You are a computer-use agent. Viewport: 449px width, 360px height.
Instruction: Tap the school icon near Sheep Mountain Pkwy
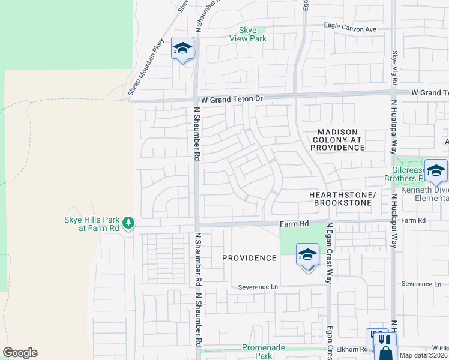(182, 49)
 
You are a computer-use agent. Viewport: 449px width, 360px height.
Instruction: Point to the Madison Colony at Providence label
(338, 139)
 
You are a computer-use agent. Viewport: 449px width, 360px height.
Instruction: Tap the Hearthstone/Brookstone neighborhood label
(342, 199)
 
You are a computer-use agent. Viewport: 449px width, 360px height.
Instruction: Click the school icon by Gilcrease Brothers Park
(436, 170)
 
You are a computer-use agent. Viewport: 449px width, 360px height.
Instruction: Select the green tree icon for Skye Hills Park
(128, 223)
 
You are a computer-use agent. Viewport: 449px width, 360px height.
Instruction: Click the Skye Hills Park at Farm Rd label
(92, 224)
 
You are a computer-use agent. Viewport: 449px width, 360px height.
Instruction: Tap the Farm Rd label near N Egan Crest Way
(294, 223)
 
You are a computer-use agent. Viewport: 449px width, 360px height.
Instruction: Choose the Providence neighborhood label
(249, 258)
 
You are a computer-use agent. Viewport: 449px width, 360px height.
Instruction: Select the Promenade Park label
(265, 352)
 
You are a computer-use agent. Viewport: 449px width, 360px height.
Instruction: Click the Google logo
(20, 353)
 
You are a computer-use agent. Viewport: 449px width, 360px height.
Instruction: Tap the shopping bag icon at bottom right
(385, 353)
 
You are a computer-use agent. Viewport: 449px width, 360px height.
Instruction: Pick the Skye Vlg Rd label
(395, 66)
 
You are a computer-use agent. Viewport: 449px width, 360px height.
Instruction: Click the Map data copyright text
(424, 355)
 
